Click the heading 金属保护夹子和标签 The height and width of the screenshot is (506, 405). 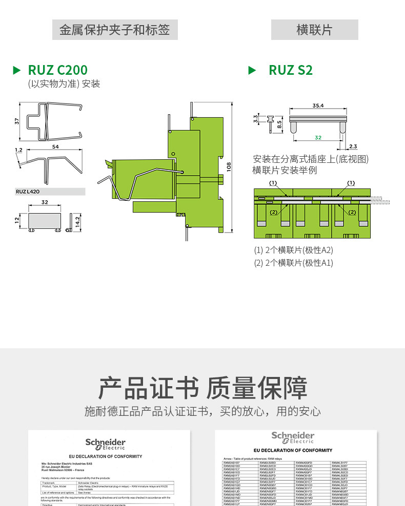coord(114,30)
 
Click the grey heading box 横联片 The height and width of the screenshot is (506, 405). coord(314,30)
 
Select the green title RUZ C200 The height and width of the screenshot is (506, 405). coord(57,70)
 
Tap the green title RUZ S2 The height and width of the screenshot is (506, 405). coord(290,70)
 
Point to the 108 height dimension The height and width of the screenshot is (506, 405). coord(229,167)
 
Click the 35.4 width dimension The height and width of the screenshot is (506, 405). coord(318,106)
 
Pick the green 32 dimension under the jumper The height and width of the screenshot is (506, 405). coord(318,137)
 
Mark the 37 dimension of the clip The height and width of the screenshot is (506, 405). coord(17,121)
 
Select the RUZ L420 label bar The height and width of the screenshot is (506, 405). coord(50,192)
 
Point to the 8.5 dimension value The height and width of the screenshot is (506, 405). coord(279,123)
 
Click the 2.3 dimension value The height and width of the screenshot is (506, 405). coord(353,146)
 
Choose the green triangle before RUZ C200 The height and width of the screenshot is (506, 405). coord(17,70)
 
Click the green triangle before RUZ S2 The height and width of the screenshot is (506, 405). coord(252,70)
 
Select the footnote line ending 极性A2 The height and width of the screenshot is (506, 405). coord(294,250)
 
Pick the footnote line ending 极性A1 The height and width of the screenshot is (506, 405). coord(294,263)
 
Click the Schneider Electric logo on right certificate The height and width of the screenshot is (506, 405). coord(292,437)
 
